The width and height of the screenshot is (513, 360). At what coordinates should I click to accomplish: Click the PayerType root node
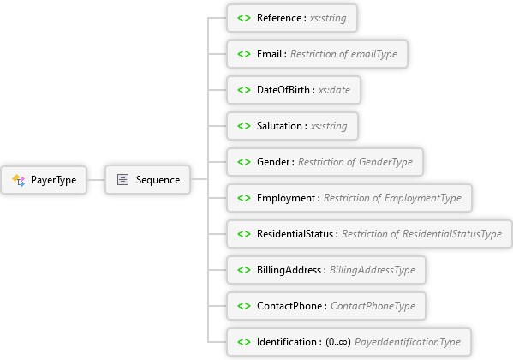(x=44, y=180)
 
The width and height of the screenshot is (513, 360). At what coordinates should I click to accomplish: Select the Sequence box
(x=147, y=179)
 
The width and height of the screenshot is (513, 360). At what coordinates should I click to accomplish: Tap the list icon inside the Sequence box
(x=122, y=179)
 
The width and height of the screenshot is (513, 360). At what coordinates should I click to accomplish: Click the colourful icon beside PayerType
(x=18, y=180)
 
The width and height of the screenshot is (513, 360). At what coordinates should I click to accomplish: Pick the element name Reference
(x=279, y=18)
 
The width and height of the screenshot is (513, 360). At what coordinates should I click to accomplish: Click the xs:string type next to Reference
(x=328, y=18)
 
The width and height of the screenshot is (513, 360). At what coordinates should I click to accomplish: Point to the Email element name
(x=269, y=54)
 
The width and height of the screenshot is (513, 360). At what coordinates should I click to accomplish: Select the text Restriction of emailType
(x=343, y=54)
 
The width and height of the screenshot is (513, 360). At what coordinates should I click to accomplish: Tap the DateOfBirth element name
(x=283, y=90)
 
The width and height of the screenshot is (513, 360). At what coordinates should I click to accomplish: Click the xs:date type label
(x=334, y=90)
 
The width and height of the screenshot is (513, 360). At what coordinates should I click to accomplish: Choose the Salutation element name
(x=279, y=126)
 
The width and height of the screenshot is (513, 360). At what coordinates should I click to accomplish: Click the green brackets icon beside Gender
(x=244, y=162)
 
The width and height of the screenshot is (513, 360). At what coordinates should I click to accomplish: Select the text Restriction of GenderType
(x=355, y=162)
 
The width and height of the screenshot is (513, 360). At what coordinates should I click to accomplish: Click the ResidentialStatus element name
(x=295, y=234)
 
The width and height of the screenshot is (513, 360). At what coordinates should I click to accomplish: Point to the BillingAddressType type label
(x=373, y=270)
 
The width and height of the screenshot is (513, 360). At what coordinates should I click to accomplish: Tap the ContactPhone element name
(x=289, y=306)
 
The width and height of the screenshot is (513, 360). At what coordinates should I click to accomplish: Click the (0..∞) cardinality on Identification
(x=338, y=342)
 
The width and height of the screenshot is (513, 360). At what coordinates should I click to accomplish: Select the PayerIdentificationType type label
(x=408, y=342)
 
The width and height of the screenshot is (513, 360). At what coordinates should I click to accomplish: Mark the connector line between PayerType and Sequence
(x=96, y=179)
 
